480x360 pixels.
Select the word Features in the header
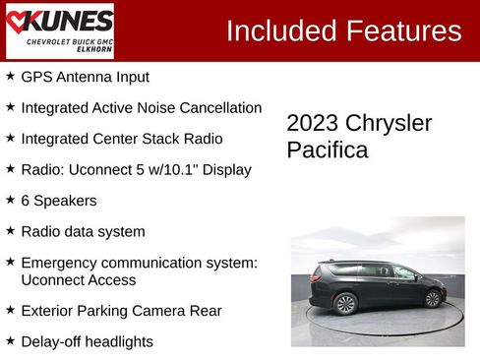coord(403,30)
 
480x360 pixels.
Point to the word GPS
coord(36,77)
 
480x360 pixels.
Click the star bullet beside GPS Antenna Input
coord(10,76)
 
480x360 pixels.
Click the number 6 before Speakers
coord(26,201)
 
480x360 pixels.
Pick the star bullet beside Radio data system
coord(10,231)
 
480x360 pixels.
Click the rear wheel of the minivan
coord(346,304)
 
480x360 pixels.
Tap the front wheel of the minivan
coord(432,299)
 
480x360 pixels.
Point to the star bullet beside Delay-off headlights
coord(10,340)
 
